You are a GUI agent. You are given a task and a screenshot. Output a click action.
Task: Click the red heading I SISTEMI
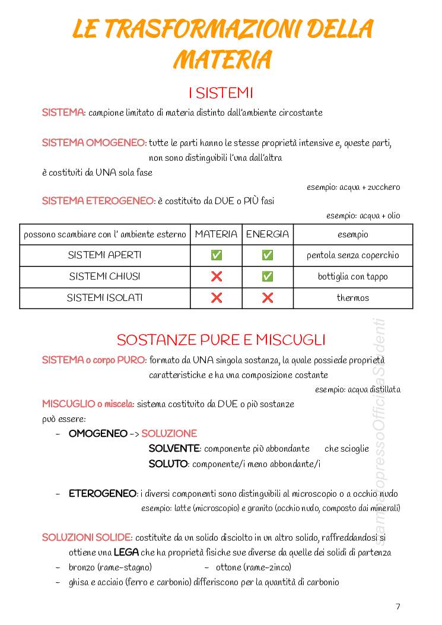(221, 93)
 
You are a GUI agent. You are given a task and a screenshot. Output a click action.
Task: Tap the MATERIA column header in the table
(216, 234)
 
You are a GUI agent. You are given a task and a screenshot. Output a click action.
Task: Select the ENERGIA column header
(268, 234)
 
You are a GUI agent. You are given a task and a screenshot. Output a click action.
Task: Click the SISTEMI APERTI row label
(105, 255)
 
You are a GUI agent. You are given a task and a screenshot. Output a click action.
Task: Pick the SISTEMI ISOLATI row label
(105, 298)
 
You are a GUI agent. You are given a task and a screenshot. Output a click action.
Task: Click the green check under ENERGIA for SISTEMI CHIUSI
(268, 277)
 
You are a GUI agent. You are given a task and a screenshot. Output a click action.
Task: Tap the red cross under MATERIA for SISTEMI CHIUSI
(217, 277)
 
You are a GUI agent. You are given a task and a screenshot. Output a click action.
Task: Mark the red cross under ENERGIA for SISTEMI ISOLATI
(268, 298)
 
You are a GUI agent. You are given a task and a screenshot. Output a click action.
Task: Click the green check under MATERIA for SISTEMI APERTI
(217, 255)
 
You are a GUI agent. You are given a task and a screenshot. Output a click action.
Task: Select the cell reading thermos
(353, 298)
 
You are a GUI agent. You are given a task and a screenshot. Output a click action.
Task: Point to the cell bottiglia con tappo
(353, 277)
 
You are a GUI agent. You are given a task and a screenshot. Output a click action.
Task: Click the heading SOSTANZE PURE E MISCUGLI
(221, 340)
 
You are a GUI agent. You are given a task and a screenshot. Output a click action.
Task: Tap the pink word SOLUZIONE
(169, 434)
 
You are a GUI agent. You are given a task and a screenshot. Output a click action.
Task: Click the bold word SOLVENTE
(174, 449)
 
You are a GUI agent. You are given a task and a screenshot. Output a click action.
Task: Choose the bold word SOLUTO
(168, 464)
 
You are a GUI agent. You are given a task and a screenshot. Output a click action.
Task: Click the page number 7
(398, 606)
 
